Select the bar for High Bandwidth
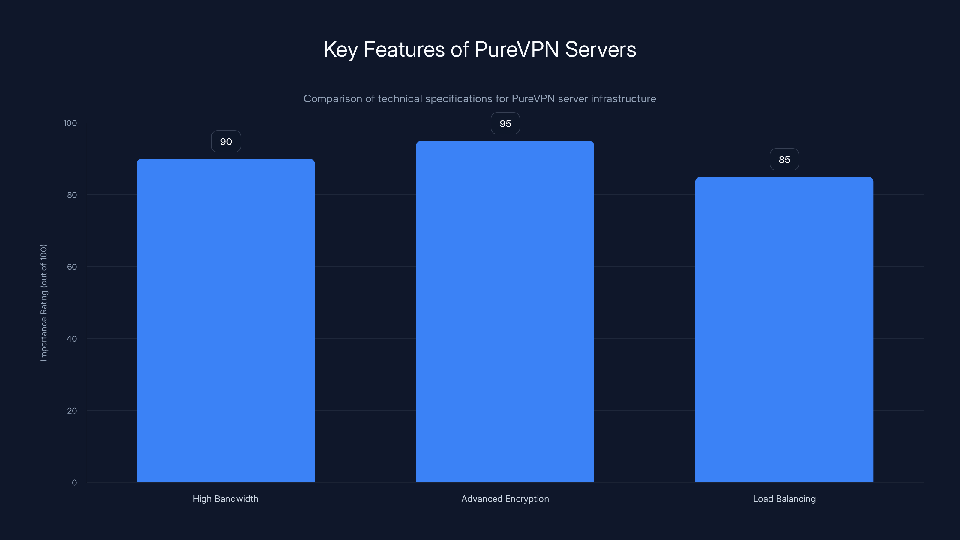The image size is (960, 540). (226, 320)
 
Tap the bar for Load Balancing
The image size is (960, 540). (784, 329)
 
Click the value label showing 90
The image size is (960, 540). (226, 142)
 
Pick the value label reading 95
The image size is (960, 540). (505, 124)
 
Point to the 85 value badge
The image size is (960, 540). (784, 160)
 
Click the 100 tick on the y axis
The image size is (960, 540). (70, 123)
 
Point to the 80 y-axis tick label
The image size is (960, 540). (72, 195)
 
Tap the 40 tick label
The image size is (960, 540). (72, 339)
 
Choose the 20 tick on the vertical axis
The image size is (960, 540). (72, 411)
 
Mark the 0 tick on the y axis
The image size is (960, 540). (74, 483)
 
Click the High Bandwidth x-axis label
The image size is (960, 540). (226, 499)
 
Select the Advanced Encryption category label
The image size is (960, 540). (505, 499)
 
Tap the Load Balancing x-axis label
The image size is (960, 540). (784, 499)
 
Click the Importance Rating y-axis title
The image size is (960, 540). (44, 303)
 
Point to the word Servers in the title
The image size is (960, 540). (600, 49)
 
